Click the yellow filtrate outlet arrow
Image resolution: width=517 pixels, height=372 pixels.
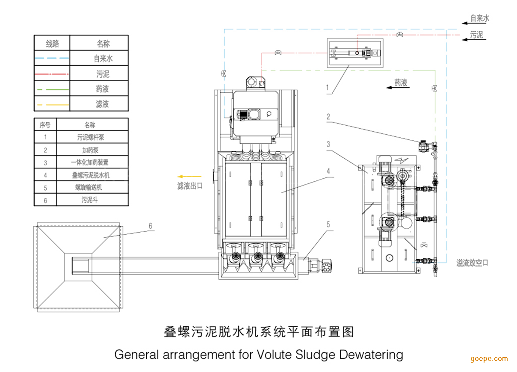coord(189,177)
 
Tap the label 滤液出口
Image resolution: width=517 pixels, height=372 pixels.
coord(190,186)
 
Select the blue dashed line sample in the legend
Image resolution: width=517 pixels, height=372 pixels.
coord(52,58)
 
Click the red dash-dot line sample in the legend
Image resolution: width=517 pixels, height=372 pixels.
coord(52,74)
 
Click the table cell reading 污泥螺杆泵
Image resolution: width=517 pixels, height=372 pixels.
coord(91,138)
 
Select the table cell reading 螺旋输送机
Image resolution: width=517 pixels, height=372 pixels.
coord(89,187)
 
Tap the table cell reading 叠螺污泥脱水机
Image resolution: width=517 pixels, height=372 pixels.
coord(91,175)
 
